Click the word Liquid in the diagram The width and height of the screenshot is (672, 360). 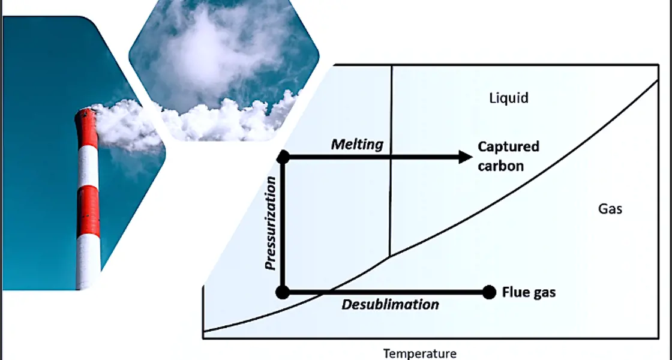509,98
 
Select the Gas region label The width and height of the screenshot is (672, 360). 610,209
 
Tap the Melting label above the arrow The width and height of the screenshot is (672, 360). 357,145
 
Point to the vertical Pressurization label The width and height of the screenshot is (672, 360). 271,223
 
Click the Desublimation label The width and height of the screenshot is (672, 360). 390,305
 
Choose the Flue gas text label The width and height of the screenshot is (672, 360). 529,293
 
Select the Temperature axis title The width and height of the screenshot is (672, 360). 420,353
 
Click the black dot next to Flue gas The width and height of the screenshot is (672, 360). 490,292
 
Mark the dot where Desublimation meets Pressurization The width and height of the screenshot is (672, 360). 283,292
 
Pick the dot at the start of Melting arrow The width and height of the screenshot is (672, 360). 284,157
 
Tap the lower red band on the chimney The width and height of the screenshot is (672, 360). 88,209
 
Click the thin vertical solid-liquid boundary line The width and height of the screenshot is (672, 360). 391,180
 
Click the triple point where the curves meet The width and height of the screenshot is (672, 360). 391,256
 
